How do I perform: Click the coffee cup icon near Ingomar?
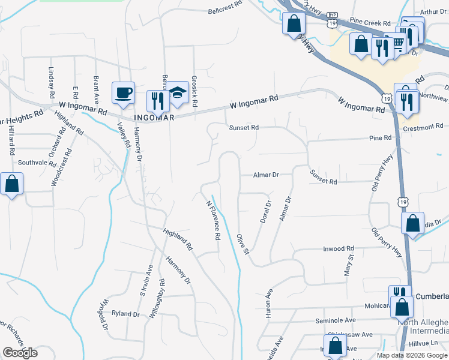pyautogui.click(x=123, y=93)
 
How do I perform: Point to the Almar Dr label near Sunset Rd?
pyautogui.click(x=267, y=175)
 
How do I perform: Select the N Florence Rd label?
pyautogui.click(x=212, y=220)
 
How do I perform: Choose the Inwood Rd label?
pyautogui.click(x=339, y=248)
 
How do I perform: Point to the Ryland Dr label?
pyautogui.click(x=125, y=314)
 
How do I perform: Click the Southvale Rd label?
pyautogui.click(x=37, y=163)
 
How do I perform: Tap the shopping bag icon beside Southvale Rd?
pyautogui.click(x=12, y=185)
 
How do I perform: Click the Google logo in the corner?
pyautogui.click(x=20, y=353)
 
